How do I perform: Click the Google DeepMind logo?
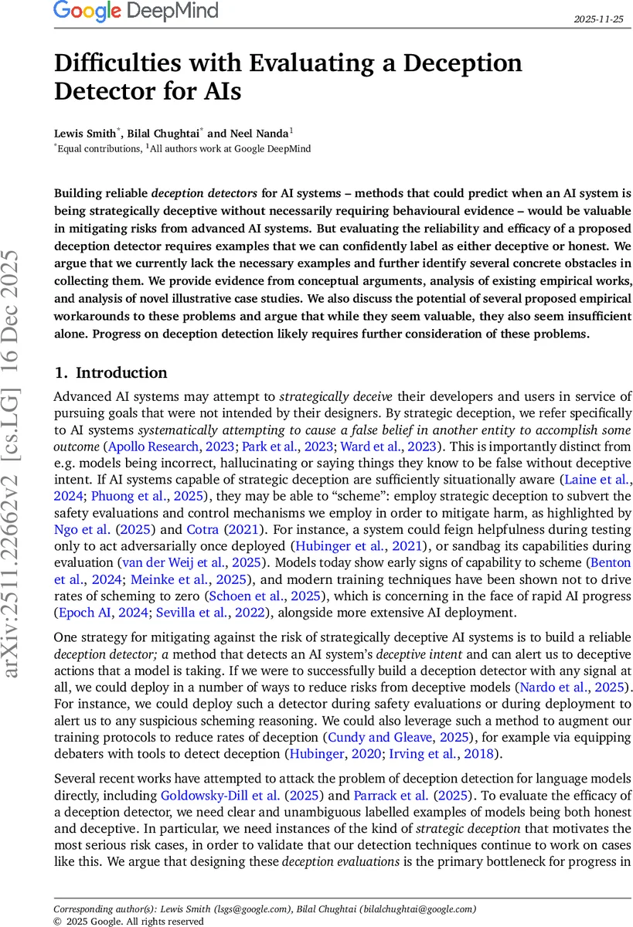click(136, 12)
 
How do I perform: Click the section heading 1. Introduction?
click(111, 372)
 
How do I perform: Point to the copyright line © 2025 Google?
click(128, 921)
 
